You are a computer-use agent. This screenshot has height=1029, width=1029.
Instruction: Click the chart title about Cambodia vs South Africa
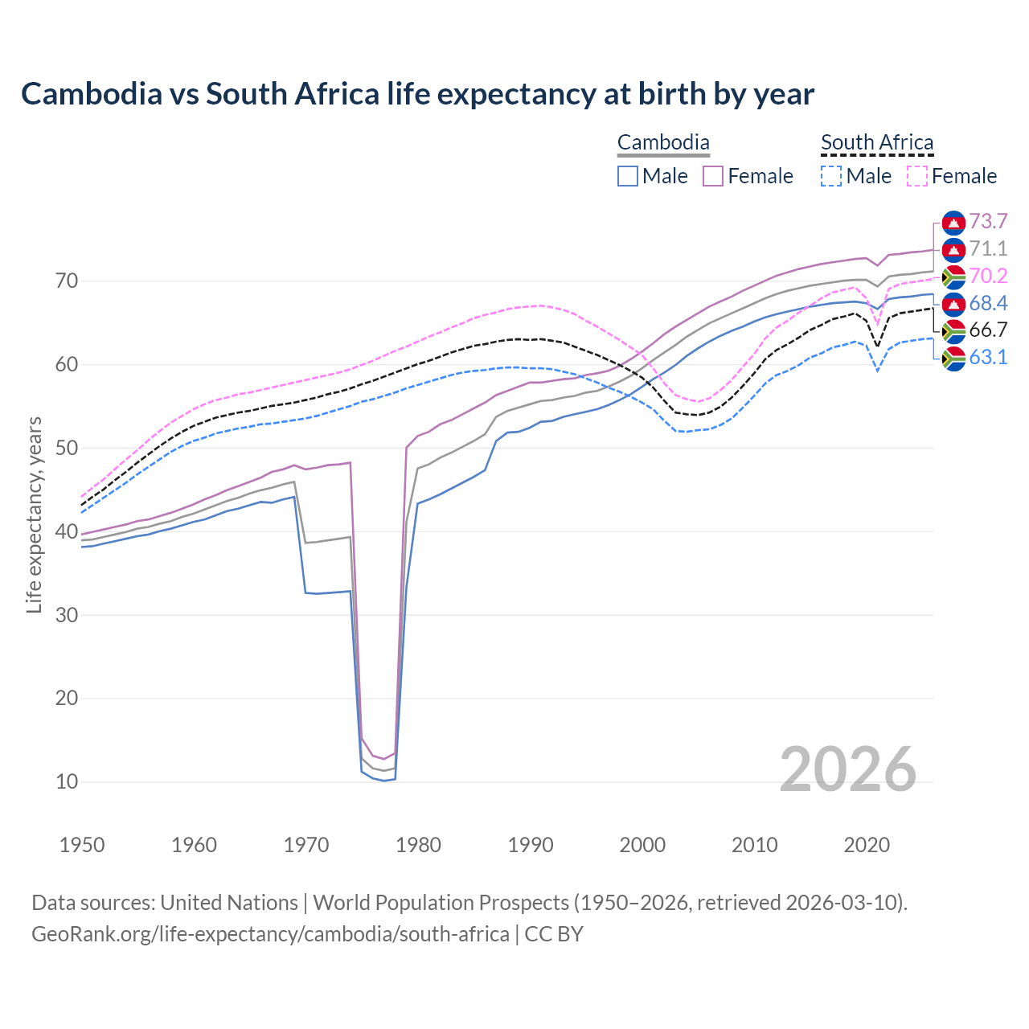pos(417,94)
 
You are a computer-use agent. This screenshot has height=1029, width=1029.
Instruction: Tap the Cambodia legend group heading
pos(663,143)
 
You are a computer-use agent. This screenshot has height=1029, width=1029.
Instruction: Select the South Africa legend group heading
pos(877,143)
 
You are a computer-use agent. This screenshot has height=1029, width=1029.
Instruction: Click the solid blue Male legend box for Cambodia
pos(628,176)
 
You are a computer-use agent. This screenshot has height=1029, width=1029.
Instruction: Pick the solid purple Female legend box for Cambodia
pos(713,176)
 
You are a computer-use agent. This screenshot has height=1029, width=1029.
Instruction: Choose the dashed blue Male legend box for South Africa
pos(831,176)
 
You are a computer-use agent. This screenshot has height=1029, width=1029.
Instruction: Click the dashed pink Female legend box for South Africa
pos(917,176)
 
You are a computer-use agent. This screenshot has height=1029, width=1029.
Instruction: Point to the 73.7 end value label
pos(988,222)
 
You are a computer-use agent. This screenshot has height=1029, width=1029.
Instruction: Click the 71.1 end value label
pos(988,249)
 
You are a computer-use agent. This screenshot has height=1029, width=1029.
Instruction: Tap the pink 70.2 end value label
pos(988,277)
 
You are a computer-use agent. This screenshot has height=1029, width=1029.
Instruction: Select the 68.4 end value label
pos(988,304)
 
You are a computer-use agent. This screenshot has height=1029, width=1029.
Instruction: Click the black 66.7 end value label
pos(988,330)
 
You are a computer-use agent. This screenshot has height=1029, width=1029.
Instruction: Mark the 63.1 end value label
pos(988,358)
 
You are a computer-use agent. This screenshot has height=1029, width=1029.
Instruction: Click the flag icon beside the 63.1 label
pos(953,358)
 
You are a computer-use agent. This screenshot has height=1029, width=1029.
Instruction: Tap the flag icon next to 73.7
pos(953,222)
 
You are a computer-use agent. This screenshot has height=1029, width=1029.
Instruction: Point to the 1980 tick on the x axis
pos(419,845)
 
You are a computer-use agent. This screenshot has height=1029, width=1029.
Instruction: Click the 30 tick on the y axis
pos(67,615)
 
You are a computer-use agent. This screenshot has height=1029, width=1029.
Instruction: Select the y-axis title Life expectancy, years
pos(34,514)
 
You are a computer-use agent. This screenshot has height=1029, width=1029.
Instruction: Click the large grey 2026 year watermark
pos(847,769)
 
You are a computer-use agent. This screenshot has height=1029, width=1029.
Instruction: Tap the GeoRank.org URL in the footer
pos(270,934)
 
